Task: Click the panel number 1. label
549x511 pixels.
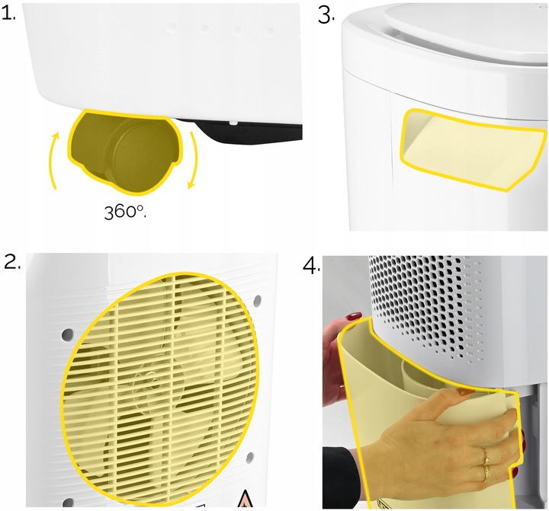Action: pyautogui.click(x=11, y=13)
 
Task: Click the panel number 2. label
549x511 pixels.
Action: pyautogui.click(x=11, y=263)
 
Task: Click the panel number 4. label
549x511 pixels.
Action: pyautogui.click(x=310, y=265)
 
